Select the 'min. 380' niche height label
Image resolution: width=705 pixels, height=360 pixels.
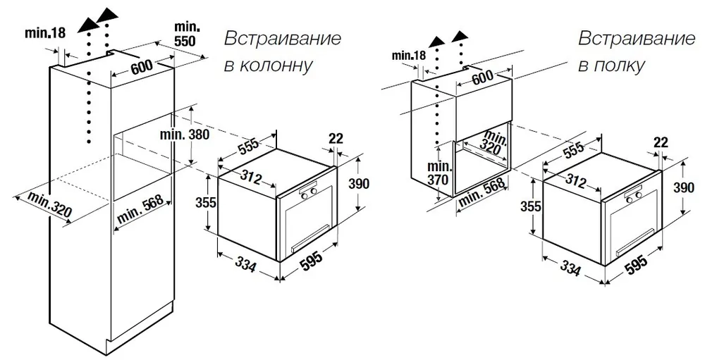(x=184, y=135)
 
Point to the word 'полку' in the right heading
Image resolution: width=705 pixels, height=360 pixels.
(x=611, y=66)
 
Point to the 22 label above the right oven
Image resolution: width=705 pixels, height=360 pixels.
(x=660, y=143)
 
